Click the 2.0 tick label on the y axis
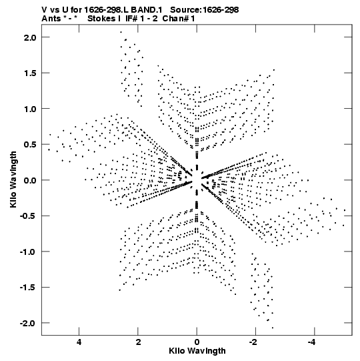point(30,37)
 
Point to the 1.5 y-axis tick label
point(30,73)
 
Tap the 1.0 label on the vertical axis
point(30,109)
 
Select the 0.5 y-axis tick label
point(30,144)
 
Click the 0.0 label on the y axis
point(30,180)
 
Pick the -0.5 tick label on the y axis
point(28,216)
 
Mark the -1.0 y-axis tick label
point(28,252)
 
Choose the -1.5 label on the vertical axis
point(28,288)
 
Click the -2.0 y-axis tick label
point(28,323)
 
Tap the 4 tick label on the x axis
point(79,342)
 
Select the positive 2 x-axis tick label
point(138,342)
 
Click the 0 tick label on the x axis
point(197,342)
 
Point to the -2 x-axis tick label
point(254,342)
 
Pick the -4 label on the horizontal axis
point(313,342)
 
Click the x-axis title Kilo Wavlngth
point(197,351)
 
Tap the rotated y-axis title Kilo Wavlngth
point(13,179)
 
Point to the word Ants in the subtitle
point(51,19)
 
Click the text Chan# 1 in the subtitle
point(179,19)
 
